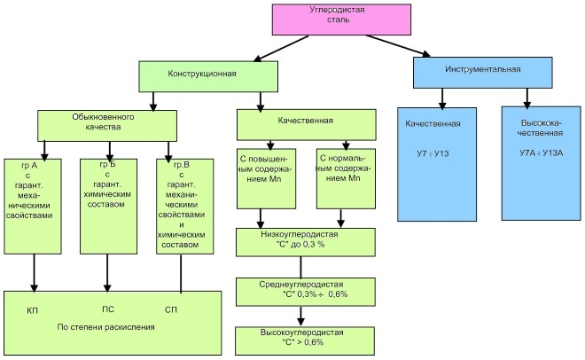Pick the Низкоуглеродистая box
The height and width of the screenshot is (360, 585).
[x=299, y=240]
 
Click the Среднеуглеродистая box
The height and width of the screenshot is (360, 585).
[x=299, y=290]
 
